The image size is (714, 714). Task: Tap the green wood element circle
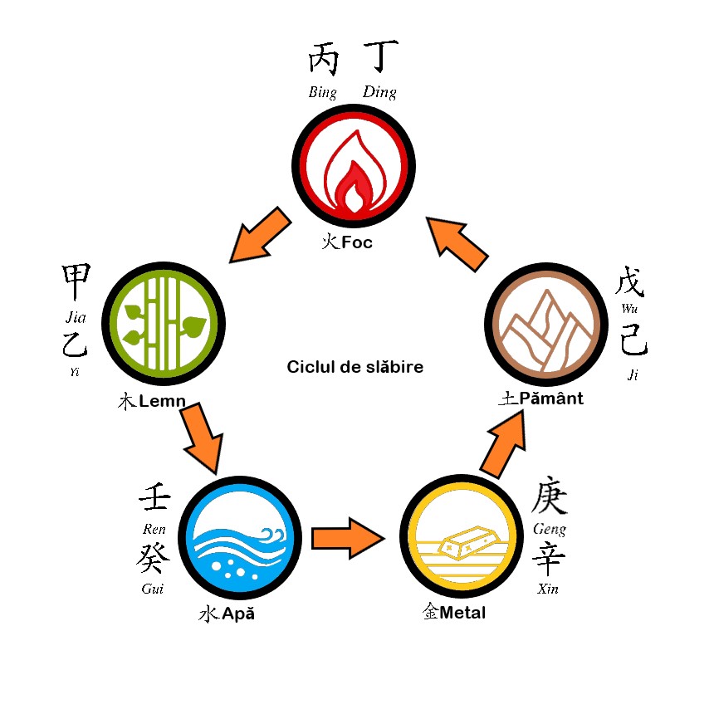click(167, 323)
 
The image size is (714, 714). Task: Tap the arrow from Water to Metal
click(348, 538)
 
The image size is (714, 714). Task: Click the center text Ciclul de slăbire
click(355, 366)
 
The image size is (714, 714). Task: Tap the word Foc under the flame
click(356, 242)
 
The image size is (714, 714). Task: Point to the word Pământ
click(551, 399)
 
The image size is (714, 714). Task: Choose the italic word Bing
click(322, 92)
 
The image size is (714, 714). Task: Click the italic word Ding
click(379, 92)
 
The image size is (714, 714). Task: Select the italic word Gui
click(152, 589)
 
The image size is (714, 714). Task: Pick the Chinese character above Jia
click(76, 284)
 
